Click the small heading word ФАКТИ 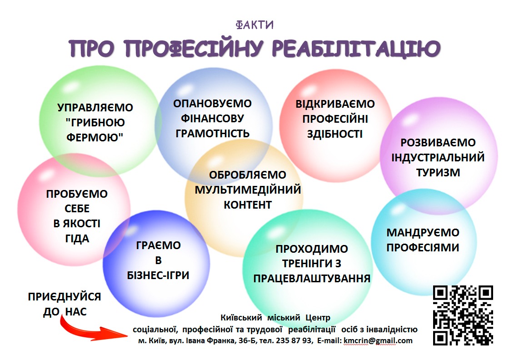pyautogui.click(x=255, y=25)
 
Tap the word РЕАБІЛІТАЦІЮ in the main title pyautogui.click(x=356, y=48)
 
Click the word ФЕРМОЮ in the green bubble pyautogui.click(x=95, y=137)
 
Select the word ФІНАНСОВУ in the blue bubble pyautogui.click(x=212, y=119)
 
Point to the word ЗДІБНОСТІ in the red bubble pyautogui.click(x=335, y=134)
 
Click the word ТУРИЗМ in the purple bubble pyautogui.click(x=438, y=172)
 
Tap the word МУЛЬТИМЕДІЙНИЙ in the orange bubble pyautogui.click(x=248, y=190)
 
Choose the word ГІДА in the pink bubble pyautogui.click(x=77, y=239)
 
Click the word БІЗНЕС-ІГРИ pyautogui.click(x=158, y=275)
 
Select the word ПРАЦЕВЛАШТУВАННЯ pyautogui.click(x=312, y=279)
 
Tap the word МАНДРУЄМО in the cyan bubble pyautogui.click(x=423, y=232)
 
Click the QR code pyautogui.click(x=463, y=315)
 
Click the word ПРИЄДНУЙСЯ pyautogui.click(x=65, y=297)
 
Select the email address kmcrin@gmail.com pyautogui.click(x=378, y=340)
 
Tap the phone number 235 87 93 pyautogui.click(x=294, y=340)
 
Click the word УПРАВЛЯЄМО pyautogui.click(x=95, y=107)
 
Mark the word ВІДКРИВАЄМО pyautogui.click(x=335, y=104)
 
